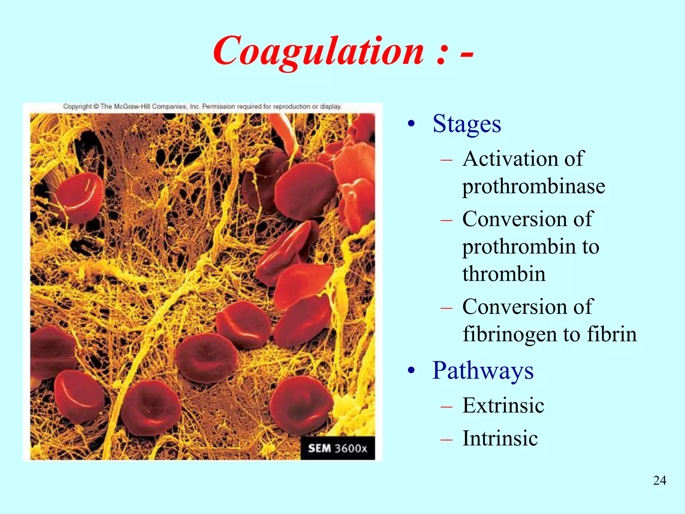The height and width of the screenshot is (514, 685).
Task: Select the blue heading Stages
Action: point(467,124)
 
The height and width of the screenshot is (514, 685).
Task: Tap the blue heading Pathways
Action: point(483,371)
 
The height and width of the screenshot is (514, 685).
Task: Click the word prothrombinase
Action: point(533,186)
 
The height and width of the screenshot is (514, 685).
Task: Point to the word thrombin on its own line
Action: point(504,274)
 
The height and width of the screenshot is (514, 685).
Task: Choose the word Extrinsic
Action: point(503,406)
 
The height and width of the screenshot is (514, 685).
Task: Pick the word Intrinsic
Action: point(500,438)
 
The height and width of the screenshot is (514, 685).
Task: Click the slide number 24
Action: point(659,481)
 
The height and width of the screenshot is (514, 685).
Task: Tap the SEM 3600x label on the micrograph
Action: point(337,448)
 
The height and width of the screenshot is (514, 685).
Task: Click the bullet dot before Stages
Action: point(411,124)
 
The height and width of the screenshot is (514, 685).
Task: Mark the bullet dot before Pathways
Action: point(411,371)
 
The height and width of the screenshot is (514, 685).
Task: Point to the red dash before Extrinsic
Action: point(446,407)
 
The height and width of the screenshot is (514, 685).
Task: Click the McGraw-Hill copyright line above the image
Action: point(202,106)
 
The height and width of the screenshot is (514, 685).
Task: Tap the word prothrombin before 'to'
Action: point(519,247)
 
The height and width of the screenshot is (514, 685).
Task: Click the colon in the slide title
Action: point(442,54)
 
